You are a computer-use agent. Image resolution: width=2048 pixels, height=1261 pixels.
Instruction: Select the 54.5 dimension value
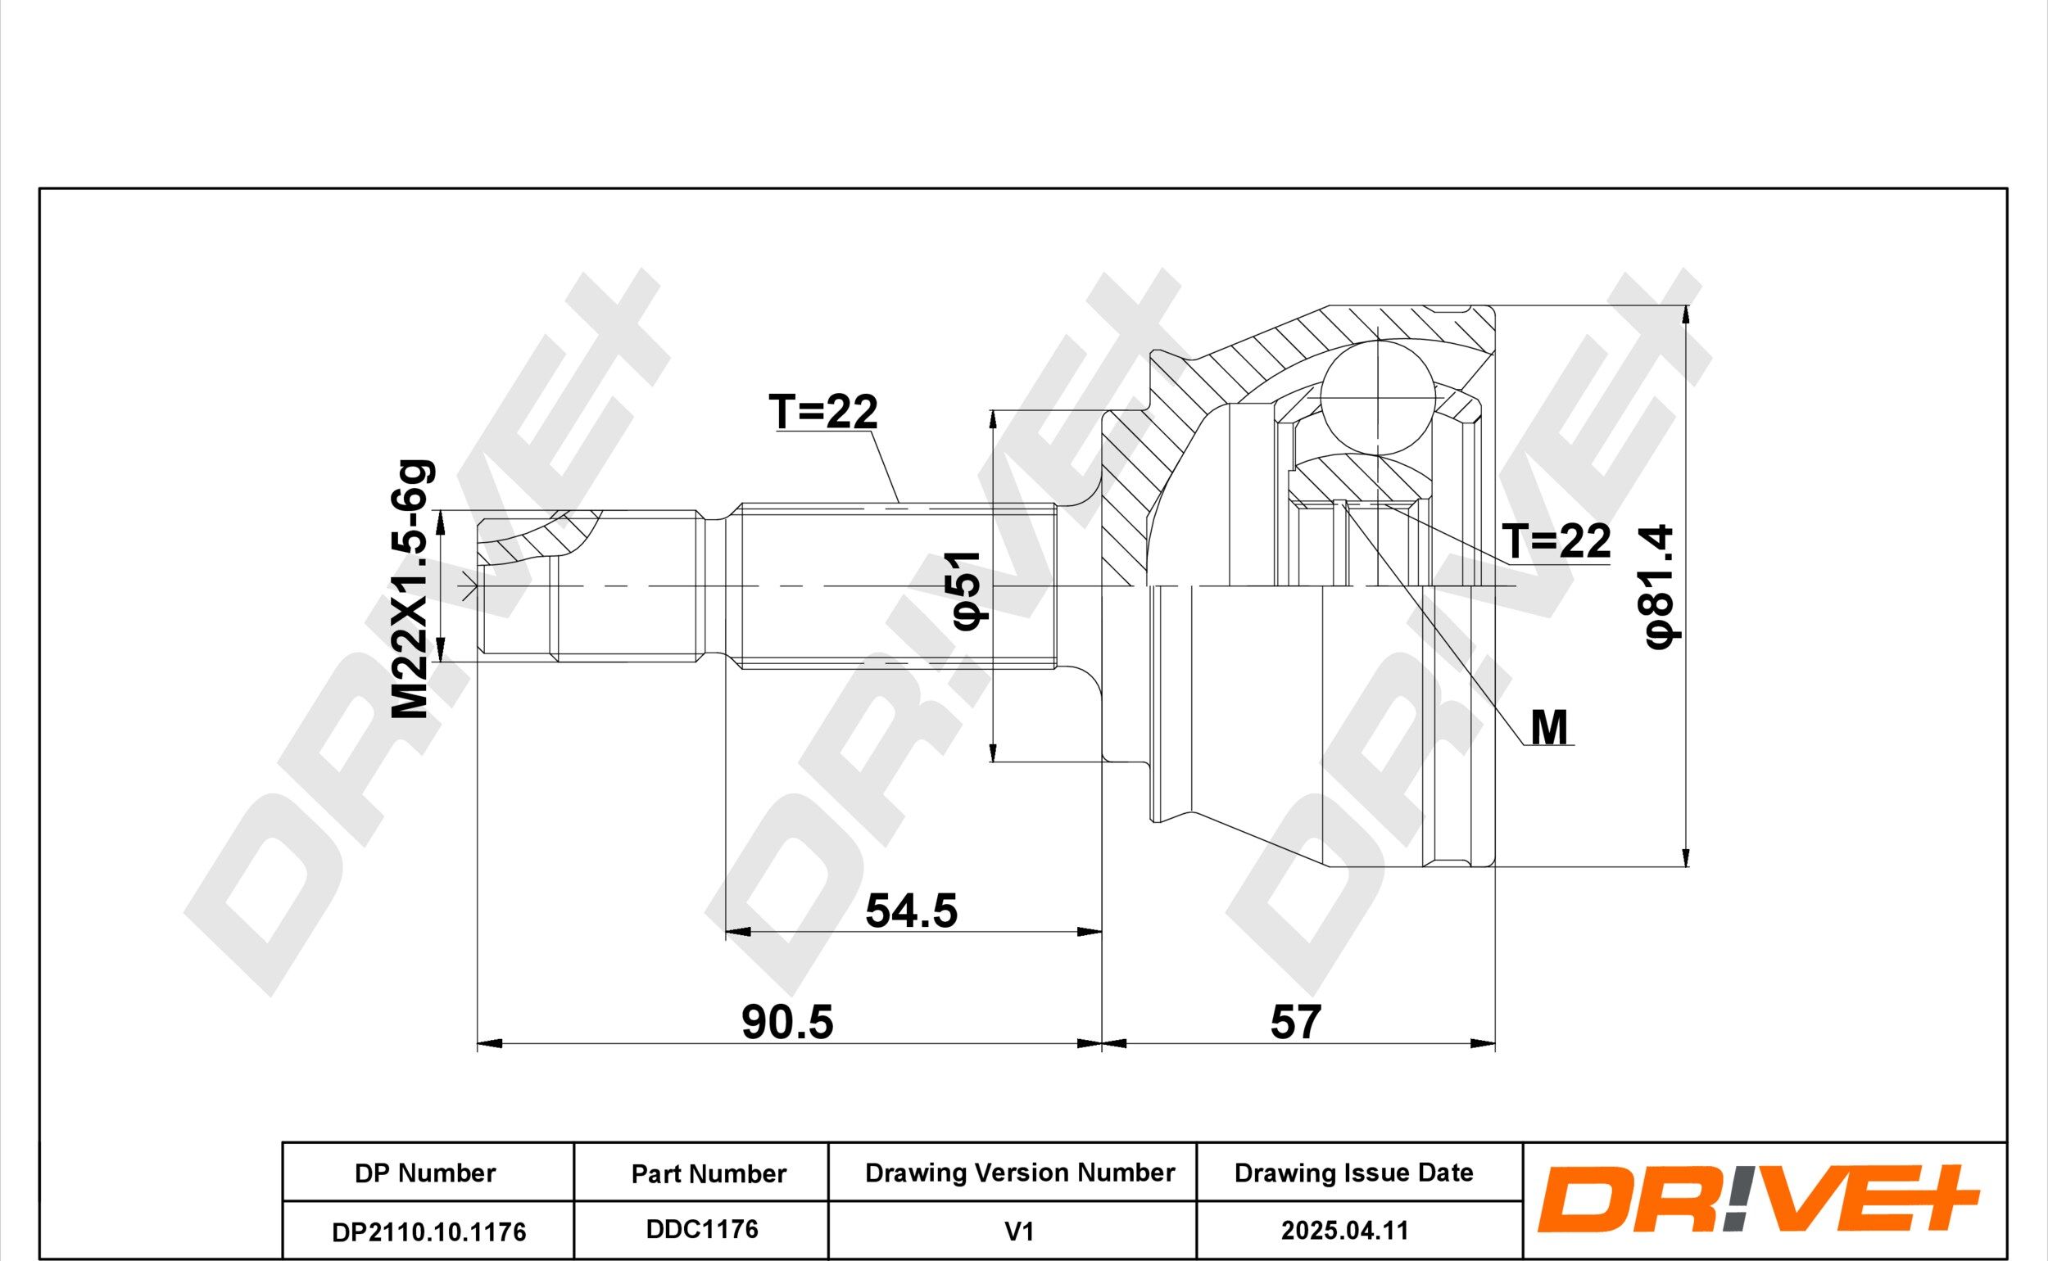[911, 910]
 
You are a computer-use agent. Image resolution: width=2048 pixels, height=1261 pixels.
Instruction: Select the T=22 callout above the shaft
[823, 412]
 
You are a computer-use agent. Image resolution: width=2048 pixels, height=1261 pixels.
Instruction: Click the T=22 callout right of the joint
[1556, 541]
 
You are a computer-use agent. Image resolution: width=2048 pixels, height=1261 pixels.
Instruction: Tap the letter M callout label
[1549, 727]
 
